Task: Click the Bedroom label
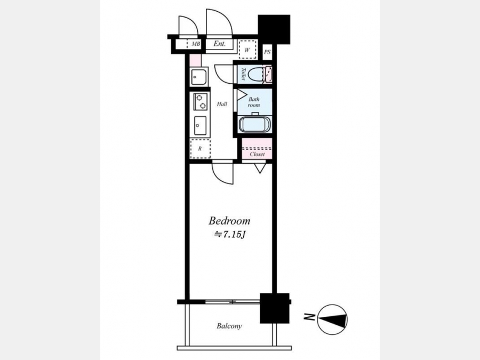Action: [x=229, y=221]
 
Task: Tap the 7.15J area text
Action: [x=229, y=235]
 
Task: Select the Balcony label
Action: [x=229, y=326]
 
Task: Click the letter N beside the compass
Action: [x=309, y=317]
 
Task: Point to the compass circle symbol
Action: [x=332, y=319]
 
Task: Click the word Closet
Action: [x=257, y=154]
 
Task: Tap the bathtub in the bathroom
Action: [x=254, y=124]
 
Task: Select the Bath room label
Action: [x=254, y=102]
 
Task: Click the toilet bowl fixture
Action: [x=255, y=74]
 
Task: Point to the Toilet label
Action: [x=243, y=74]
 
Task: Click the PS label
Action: [x=267, y=52]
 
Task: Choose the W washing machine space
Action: [x=247, y=50]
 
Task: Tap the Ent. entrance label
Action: [x=220, y=44]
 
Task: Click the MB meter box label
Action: [x=196, y=44]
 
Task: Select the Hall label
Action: [x=222, y=104]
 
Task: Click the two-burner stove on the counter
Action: [x=201, y=102]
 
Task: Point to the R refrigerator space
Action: [x=200, y=148]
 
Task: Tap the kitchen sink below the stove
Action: [x=200, y=125]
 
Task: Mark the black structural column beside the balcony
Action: [x=275, y=308]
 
